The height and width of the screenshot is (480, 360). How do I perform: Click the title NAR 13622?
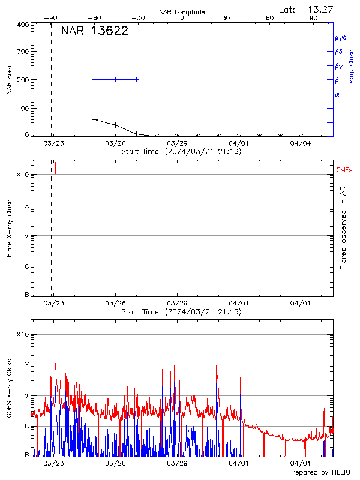coord(94,31)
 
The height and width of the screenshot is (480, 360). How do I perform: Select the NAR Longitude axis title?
coord(182,12)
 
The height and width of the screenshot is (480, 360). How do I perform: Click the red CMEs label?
coord(345,170)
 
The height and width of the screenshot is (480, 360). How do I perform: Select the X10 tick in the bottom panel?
coord(22,334)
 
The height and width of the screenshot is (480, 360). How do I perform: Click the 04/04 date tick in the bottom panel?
coord(301,463)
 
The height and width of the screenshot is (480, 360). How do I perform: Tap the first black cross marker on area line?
coord(95,119)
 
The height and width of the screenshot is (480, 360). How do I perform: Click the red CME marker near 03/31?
coord(218,167)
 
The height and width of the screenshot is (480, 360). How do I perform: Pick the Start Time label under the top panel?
coord(181,152)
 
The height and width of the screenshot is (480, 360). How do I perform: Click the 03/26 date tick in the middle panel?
coord(115,304)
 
